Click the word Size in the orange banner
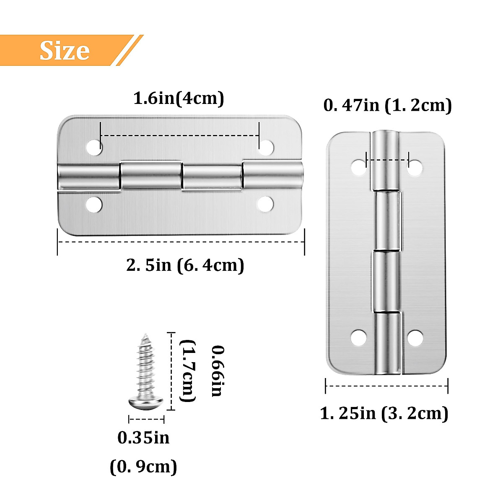(65, 51)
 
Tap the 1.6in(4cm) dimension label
(179, 98)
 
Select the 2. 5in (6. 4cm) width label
(185, 265)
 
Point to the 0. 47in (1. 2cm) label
(387, 105)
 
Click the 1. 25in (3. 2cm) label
(384, 413)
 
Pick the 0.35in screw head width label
(143, 438)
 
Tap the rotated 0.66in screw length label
(217, 371)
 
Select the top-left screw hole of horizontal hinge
(94, 147)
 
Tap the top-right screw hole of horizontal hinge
(266, 147)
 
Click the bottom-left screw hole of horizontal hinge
(94, 205)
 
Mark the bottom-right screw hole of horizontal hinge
(265, 205)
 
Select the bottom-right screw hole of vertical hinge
(415, 338)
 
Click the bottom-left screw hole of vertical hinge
(359, 338)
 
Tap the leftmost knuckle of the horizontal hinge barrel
(88, 177)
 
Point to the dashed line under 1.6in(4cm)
(179, 135)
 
